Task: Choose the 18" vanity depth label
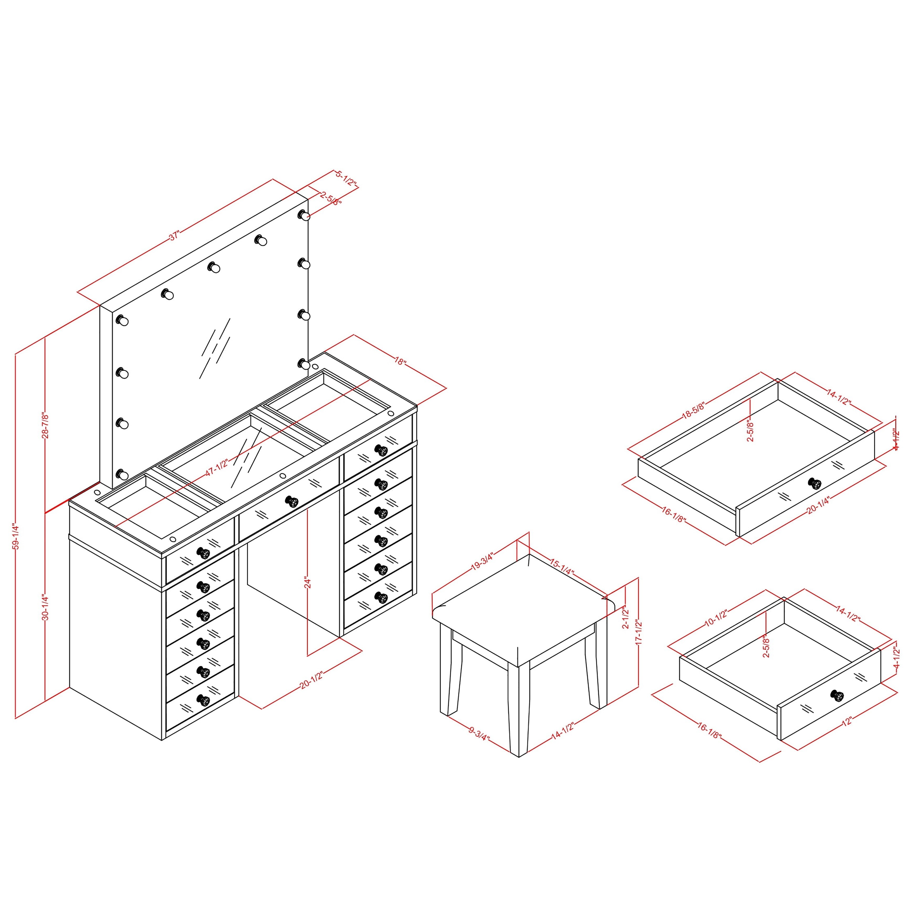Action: (x=400, y=362)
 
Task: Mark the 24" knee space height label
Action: (x=307, y=583)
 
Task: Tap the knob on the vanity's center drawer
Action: (x=292, y=501)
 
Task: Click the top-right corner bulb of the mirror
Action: (x=304, y=216)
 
